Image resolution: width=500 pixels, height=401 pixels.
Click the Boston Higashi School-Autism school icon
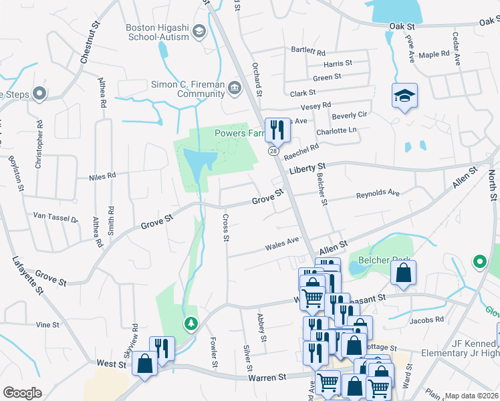199,31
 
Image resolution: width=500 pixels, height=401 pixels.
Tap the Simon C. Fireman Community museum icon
234,87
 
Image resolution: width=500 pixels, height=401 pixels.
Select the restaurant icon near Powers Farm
276,129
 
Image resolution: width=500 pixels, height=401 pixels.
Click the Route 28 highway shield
274,151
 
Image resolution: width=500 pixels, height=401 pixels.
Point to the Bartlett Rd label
307,51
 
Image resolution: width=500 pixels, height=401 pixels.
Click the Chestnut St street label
90,41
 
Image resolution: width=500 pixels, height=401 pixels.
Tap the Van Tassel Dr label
56,217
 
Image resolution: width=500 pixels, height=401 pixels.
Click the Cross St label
226,228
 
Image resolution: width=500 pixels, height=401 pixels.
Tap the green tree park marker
191,324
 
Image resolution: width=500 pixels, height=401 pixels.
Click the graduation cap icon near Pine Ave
404,95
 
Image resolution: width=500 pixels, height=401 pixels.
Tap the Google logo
22,392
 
